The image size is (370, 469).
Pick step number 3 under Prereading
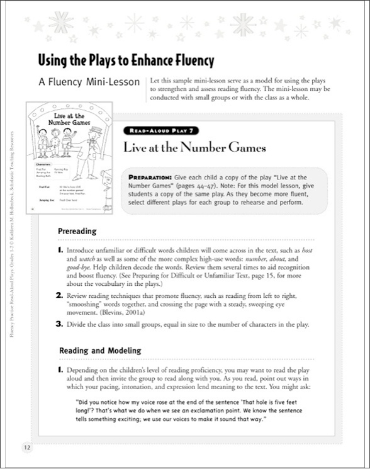pyautogui.click(x=60, y=325)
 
